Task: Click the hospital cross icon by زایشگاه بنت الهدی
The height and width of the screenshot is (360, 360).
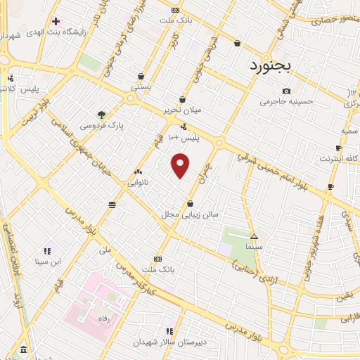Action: pos(55,21)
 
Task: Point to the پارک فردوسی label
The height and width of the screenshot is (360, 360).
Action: pos(101,125)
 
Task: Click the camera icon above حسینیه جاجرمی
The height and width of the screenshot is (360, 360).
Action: pos(285,91)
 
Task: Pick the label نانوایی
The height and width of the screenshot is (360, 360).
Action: pos(137,182)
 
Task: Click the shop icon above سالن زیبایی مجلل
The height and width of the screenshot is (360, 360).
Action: pos(190,204)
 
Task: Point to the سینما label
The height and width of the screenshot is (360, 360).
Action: pos(254,247)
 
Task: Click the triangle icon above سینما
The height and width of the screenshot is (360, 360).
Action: pos(254,237)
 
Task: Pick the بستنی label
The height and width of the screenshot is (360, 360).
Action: pos(141,87)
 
